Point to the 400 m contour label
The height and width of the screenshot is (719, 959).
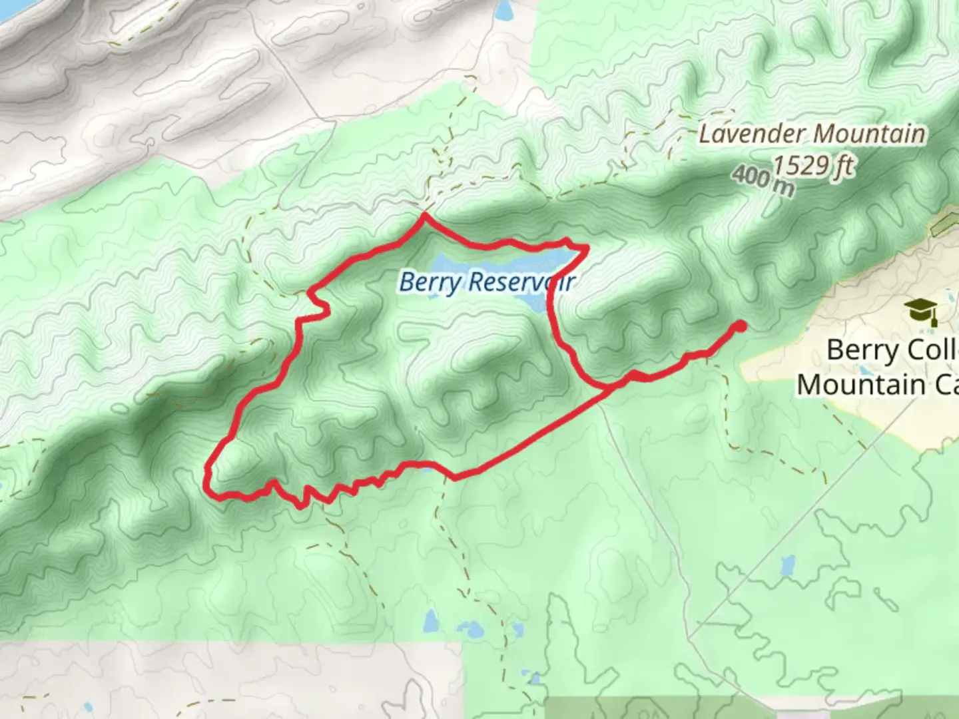pyautogui.click(x=763, y=182)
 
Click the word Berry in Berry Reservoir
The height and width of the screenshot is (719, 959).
pyautogui.click(x=430, y=282)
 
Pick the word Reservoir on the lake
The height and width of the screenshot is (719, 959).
pyautogui.click(x=521, y=282)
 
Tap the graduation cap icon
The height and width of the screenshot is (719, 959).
pyautogui.click(x=921, y=310)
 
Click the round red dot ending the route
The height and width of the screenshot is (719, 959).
pyautogui.click(x=739, y=326)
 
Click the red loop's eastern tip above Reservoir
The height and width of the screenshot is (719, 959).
pyautogui.click(x=586, y=248)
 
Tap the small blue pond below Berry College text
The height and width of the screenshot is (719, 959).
pyautogui.click(x=787, y=566)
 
